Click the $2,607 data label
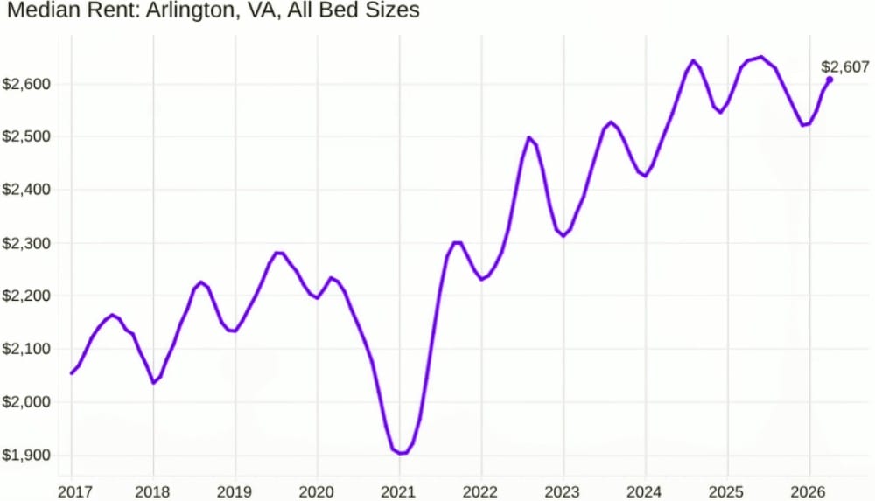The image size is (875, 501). point(845,66)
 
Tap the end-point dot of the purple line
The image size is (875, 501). point(829,80)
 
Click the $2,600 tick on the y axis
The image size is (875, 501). point(26,84)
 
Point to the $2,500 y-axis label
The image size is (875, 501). point(26,137)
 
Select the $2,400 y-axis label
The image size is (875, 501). point(26,190)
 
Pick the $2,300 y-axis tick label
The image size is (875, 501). point(26,243)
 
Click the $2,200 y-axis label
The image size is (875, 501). point(26,296)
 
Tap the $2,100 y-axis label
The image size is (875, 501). point(26,349)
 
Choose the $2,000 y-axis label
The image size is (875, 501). point(26,402)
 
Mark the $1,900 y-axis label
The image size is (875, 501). point(26,456)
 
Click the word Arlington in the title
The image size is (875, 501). point(162,11)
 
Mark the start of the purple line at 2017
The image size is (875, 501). point(72,372)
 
